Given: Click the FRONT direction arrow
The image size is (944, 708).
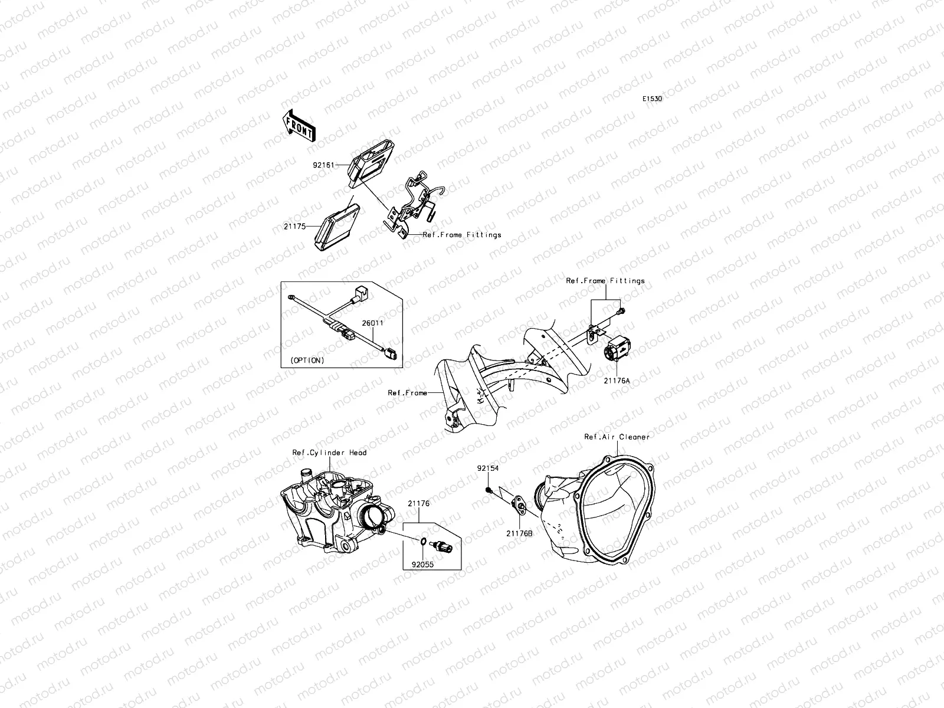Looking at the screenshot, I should pos(299,133).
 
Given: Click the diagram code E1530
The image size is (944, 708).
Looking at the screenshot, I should pos(652,99).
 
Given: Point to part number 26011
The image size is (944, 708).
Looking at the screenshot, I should pos(372,323).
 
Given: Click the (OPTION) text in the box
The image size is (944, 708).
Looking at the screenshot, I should pos(307,360).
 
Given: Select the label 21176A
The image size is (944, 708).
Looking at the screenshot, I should pos(617,381).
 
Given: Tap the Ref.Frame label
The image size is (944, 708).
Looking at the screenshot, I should pos(407,392).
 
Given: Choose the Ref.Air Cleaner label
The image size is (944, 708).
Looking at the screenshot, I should pos(617,437).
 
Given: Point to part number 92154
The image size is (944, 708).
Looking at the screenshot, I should pos(488,468).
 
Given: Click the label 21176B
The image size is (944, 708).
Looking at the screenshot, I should pos(519,533).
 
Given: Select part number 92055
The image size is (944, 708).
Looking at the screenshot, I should pos(422,563).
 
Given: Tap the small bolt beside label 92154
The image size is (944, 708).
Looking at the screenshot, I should pos(489,490).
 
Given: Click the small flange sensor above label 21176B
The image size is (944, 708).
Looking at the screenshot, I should pos(520,502).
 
